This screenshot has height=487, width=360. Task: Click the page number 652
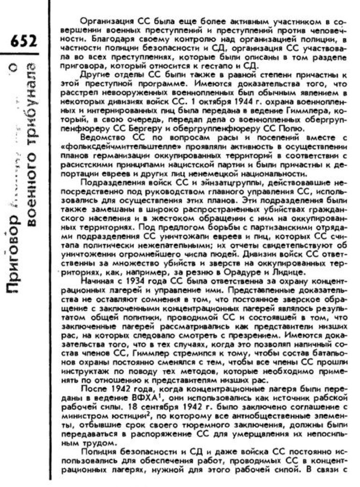20,42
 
